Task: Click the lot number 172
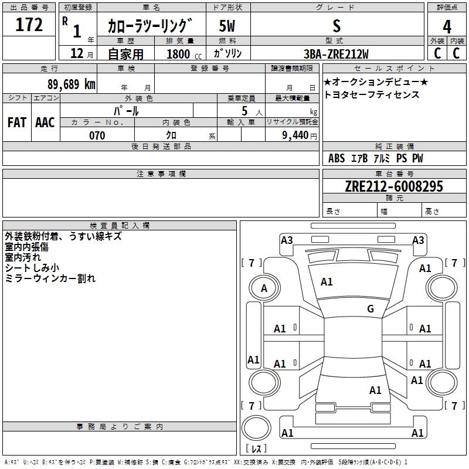[30, 25]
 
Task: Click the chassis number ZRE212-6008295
[394, 186]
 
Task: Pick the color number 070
[97, 135]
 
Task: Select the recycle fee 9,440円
[298, 135]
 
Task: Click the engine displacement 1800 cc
[182, 54]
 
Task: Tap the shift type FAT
[17, 123]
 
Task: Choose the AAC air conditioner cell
[45, 123]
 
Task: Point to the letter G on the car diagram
[371, 309]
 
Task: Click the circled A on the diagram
[264, 288]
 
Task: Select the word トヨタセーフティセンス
[372, 94]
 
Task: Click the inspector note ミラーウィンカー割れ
[50, 278]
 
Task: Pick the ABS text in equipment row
[337, 158]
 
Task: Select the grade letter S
[336, 26]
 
